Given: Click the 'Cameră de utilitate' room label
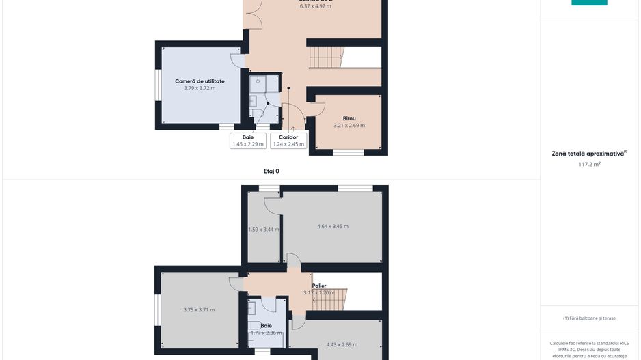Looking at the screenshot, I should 200,81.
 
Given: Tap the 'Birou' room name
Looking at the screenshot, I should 349,118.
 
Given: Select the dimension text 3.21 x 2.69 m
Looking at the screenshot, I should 349,126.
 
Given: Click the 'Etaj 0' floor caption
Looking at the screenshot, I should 272,171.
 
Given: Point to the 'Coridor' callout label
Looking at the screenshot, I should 288,137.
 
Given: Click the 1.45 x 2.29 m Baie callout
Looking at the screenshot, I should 248,144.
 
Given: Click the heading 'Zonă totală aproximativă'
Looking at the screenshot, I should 588,154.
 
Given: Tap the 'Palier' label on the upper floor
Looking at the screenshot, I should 319,286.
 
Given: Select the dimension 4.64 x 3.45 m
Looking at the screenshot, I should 333,226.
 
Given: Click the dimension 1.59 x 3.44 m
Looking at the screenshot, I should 264,230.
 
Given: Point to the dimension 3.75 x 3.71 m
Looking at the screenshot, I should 199,310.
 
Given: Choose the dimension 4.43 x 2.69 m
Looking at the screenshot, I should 342,344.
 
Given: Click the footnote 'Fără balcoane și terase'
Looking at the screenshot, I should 589,318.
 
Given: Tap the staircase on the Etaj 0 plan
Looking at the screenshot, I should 327,57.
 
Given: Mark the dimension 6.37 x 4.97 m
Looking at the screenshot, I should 315,6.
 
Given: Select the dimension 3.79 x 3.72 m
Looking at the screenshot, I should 200,88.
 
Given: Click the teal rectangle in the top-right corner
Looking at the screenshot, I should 589,3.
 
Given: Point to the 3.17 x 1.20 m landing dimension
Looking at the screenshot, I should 319,293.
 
